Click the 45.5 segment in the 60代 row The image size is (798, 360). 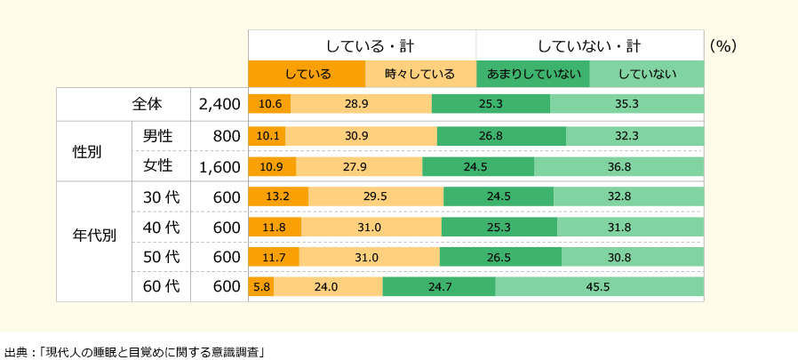(599, 287)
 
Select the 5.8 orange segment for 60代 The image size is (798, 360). (261, 287)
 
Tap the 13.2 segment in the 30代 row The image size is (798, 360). (278, 196)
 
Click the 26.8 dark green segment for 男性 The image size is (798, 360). (501, 136)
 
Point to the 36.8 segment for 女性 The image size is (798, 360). (618, 166)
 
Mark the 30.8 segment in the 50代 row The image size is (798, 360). (632, 257)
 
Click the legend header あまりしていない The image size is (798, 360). (533, 74)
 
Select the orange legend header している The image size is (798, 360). (307, 74)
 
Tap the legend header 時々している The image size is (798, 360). (420, 74)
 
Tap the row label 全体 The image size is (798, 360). (147, 104)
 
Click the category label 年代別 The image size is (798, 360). (93, 238)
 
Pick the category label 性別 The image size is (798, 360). (86, 150)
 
